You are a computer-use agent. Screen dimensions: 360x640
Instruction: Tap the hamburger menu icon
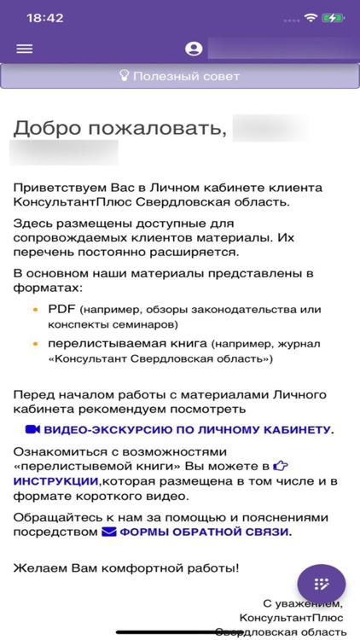[24, 49]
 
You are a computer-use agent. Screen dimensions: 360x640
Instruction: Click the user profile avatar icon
[193, 49]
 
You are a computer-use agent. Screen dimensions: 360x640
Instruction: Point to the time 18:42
[44, 17]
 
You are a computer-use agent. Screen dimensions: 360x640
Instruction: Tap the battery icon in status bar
[333, 17]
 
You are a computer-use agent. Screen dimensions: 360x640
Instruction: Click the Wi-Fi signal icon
[310, 17]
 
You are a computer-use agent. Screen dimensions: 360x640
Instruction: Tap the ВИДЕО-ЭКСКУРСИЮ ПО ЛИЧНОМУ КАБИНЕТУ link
[189, 429]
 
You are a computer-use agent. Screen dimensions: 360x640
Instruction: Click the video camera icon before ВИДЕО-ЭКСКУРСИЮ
[32, 429]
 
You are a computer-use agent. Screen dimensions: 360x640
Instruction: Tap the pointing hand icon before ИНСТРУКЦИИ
[281, 466]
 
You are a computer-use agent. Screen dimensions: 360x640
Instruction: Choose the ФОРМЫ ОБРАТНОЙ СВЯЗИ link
[205, 532]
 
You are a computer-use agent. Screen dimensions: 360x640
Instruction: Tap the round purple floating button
[321, 584]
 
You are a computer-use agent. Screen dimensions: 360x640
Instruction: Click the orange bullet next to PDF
[35, 309]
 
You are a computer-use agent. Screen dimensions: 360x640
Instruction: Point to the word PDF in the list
[61, 309]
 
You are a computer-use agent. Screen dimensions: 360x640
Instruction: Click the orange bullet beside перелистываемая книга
[35, 343]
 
